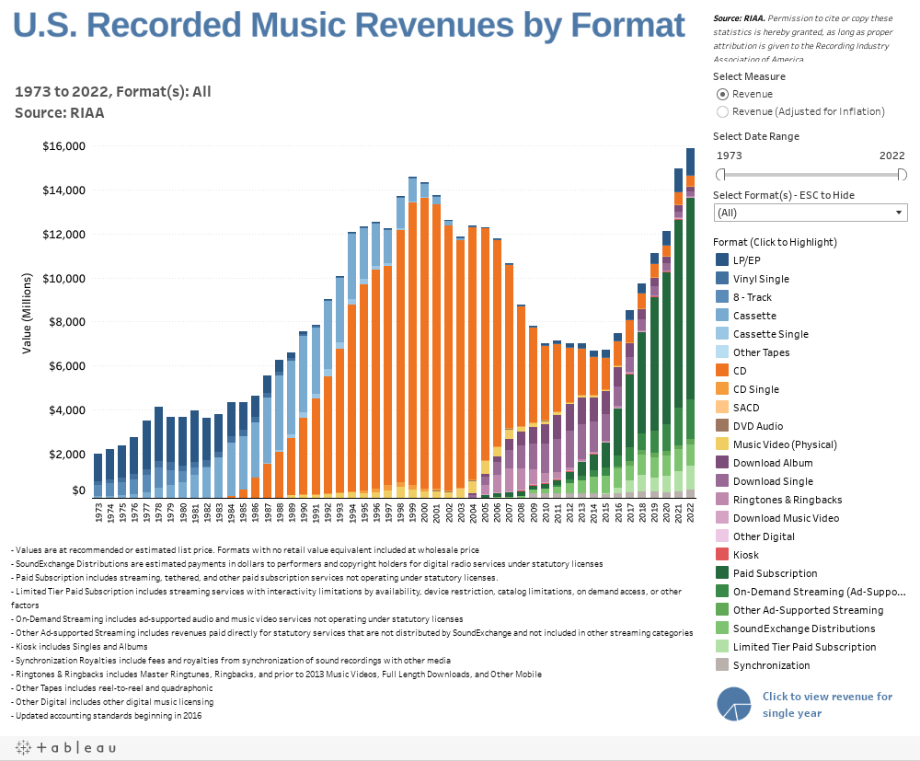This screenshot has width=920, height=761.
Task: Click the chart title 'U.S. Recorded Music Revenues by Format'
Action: (x=350, y=26)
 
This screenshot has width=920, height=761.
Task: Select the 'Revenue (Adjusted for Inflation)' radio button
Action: (x=723, y=111)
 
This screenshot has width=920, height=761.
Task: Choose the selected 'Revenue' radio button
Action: (x=723, y=94)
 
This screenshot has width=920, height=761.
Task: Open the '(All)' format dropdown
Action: (x=811, y=213)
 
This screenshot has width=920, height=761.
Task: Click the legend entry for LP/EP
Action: (x=723, y=260)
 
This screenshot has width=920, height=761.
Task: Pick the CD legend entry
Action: (x=723, y=371)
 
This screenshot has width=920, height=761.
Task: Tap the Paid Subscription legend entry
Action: (x=723, y=573)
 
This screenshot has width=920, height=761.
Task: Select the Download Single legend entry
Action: (x=723, y=481)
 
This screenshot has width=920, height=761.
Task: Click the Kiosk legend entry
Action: (x=723, y=555)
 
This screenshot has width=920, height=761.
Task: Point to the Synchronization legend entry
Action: (x=723, y=665)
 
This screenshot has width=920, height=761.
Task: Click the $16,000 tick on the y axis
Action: (x=63, y=146)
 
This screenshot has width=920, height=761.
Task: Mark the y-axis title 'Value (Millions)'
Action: (x=27, y=313)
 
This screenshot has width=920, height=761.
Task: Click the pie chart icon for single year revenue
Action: (x=734, y=704)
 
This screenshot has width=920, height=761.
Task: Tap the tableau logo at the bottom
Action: (x=64, y=748)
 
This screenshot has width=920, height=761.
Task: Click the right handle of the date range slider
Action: (x=903, y=175)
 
